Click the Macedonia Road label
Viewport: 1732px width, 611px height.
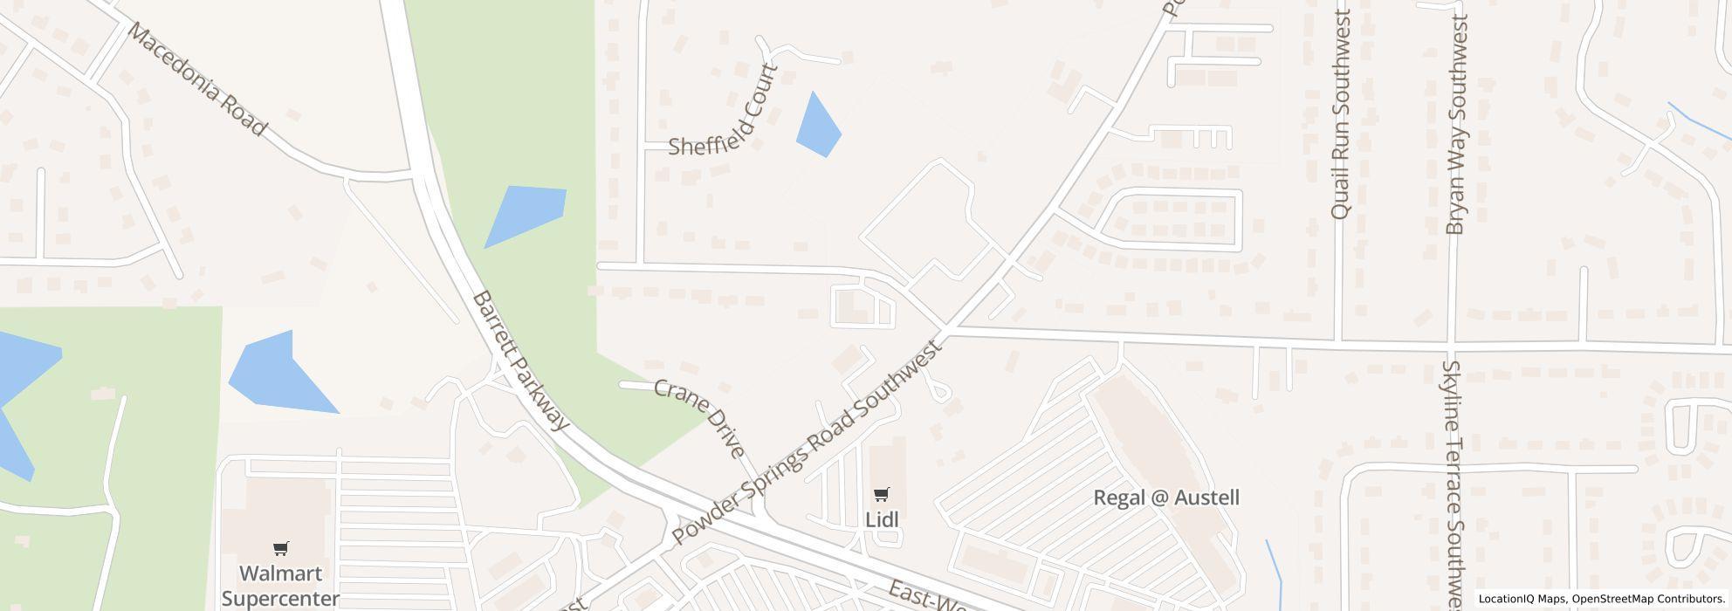(196, 79)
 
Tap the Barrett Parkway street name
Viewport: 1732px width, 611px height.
(520, 360)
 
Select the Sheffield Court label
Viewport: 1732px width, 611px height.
(723, 111)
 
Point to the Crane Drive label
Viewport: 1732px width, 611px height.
(699, 417)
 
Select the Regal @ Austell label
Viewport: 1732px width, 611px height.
(1166, 498)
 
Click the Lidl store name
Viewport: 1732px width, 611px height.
(882, 518)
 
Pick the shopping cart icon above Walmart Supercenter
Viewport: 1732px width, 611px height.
(280, 549)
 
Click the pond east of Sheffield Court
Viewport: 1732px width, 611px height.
(817, 126)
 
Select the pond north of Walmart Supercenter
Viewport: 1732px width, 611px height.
(277, 374)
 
